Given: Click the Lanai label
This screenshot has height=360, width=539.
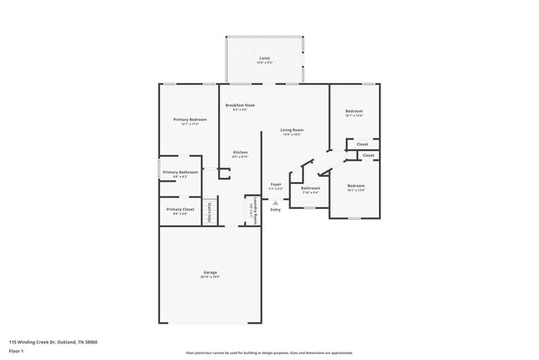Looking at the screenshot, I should click(x=265, y=58).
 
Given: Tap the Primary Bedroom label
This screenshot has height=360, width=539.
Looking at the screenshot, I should click(x=190, y=119).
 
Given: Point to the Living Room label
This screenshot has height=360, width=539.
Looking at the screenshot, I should click(x=291, y=130).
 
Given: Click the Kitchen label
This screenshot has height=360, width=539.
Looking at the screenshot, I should click(x=240, y=153).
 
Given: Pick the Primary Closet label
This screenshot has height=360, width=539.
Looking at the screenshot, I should click(x=180, y=209).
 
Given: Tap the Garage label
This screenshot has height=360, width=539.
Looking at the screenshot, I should click(x=210, y=272).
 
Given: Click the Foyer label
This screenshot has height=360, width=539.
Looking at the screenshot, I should click(x=276, y=184).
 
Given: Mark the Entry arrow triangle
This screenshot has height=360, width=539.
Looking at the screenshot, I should click(x=275, y=202).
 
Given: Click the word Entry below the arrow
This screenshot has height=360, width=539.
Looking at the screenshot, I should click(x=275, y=209).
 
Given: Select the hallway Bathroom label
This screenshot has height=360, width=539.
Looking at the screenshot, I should click(x=310, y=188).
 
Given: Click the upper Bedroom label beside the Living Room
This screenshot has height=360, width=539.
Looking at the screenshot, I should click(x=354, y=111).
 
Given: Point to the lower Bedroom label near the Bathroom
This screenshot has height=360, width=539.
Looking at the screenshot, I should click(x=356, y=185).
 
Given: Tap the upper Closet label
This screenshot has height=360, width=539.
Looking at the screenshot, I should click(x=362, y=144).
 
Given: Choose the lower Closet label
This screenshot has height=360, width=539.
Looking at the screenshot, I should click(x=368, y=155).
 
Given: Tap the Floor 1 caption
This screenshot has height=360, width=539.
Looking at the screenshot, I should click(x=17, y=351).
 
